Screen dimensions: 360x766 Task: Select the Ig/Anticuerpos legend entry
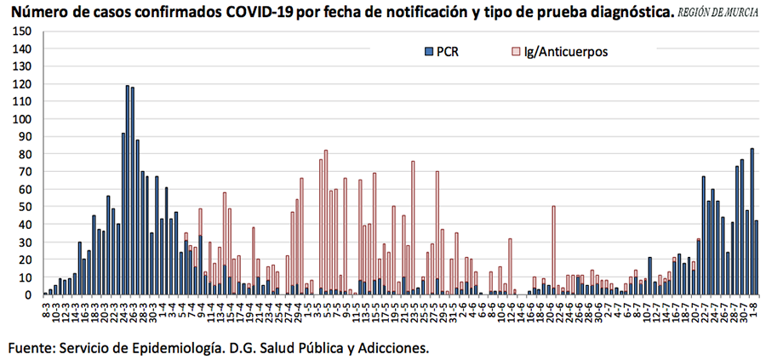point(558,52)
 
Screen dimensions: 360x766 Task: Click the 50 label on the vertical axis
point(26,207)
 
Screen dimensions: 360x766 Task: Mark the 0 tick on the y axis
point(28,294)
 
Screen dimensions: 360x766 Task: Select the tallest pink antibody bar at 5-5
point(326,222)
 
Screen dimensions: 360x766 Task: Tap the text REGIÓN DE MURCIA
point(719,14)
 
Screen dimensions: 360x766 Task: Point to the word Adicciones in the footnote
point(391,347)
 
